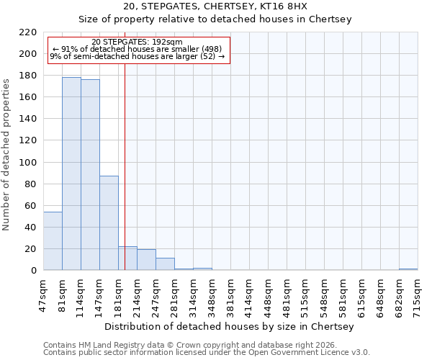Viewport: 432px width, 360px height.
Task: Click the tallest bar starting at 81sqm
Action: coord(71,174)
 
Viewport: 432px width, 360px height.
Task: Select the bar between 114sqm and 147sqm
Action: coord(90,175)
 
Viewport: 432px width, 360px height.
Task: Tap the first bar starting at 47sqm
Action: coord(53,241)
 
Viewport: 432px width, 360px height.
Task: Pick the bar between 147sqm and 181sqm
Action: coord(109,223)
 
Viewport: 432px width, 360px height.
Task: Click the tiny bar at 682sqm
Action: coord(408,269)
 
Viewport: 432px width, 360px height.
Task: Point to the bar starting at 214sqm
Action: coord(146,260)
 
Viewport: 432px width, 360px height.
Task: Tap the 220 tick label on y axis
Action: coord(28,32)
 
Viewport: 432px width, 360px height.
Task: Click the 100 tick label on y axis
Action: coord(28,163)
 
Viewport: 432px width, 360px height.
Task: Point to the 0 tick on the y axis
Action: coord(34,271)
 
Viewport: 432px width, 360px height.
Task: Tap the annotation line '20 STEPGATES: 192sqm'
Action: coord(138,42)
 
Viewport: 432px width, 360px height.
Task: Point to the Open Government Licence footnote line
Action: coord(207,353)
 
